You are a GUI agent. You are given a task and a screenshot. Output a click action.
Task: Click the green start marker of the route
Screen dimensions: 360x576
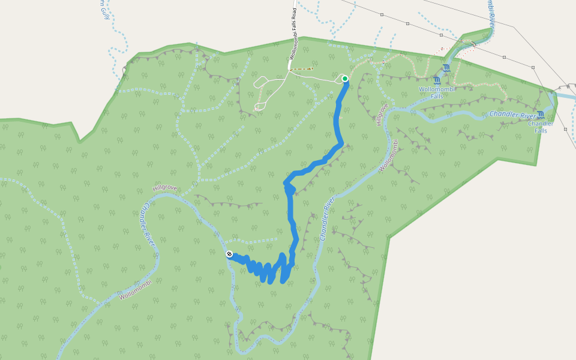pyautogui.click(x=345, y=79)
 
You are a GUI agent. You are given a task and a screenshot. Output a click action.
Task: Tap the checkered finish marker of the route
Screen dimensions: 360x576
pyautogui.click(x=229, y=254)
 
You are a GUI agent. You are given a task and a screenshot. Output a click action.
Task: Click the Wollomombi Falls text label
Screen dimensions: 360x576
pyautogui.click(x=437, y=92)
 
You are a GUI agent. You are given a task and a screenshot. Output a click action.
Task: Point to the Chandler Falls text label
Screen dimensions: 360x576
pyautogui.click(x=537, y=127)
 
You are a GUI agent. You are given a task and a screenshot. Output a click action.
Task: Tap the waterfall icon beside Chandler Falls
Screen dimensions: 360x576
pyautogui.click(x=541, y=115)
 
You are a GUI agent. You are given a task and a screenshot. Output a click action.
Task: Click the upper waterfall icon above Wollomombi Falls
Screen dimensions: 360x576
pyautogui.click(x=446, y=67)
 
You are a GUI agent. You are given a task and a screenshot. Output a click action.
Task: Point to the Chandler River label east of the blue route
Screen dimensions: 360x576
pyautogui.click(x=326, y=220)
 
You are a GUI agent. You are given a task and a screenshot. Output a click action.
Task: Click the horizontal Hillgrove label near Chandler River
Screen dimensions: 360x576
pyautogui.click(x=165, y=188)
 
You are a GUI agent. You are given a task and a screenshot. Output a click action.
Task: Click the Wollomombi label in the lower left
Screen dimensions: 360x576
pyautogui.click(x=136, y=290)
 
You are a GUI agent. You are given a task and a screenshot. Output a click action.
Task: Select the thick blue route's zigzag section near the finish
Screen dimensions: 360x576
pyautogui.click(x=264, y=270)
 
